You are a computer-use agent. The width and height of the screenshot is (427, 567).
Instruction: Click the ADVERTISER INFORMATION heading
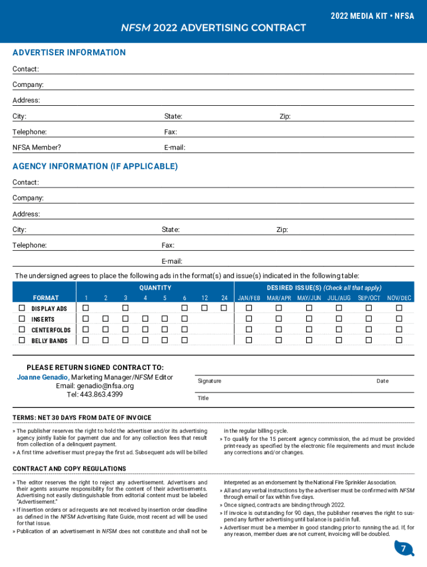pyautogui.click(x=69, y=53)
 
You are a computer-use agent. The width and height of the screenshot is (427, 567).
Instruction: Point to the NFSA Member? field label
pyautogui.click(x=37, y=148)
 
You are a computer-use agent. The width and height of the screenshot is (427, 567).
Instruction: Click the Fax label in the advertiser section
pyautogui.click(x=170, y=132)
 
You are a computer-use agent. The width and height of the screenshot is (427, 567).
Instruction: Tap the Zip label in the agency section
pyautogui.click(x=282, y=230)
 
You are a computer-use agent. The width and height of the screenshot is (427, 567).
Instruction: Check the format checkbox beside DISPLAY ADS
pyautogui.click(x=22, y=308)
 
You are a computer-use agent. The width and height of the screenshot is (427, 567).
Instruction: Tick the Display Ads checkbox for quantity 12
pyautogui.click(x=205, y=308)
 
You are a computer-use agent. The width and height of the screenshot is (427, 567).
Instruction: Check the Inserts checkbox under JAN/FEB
pyautogui.click(x=249, y=319)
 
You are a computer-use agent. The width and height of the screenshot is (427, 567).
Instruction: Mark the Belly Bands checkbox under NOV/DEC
pyautogui.click(x=399, y=340)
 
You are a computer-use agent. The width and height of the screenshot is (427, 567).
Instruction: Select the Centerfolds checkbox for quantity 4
pyautogui.click(x=145, y=329)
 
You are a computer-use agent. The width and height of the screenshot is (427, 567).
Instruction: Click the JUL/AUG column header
pyautogui.click(x=339, y=298)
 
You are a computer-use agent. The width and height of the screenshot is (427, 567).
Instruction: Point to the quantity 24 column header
pyautogui.click(x=224, y=298)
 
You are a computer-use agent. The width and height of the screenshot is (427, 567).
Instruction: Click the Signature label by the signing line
pyautogui.click(x=209, y=381)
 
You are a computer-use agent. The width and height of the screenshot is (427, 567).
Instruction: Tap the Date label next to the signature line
pyautogui.click(x=383, y=381)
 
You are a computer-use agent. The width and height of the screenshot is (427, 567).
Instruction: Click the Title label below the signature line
pyautogui.click(x=203, y=398)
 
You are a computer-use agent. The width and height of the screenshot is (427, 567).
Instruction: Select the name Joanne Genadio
pyautogui.click(x=43, y=377)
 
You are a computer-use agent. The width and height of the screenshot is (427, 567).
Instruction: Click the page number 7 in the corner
pyautogui.click(x=404, y=549)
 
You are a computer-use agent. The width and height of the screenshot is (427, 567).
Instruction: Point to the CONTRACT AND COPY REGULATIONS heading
pyautogui.click(x=69, y=469)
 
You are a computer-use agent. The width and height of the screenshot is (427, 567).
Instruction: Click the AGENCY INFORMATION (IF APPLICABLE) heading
pyautogui.click(x=95, y=166)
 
